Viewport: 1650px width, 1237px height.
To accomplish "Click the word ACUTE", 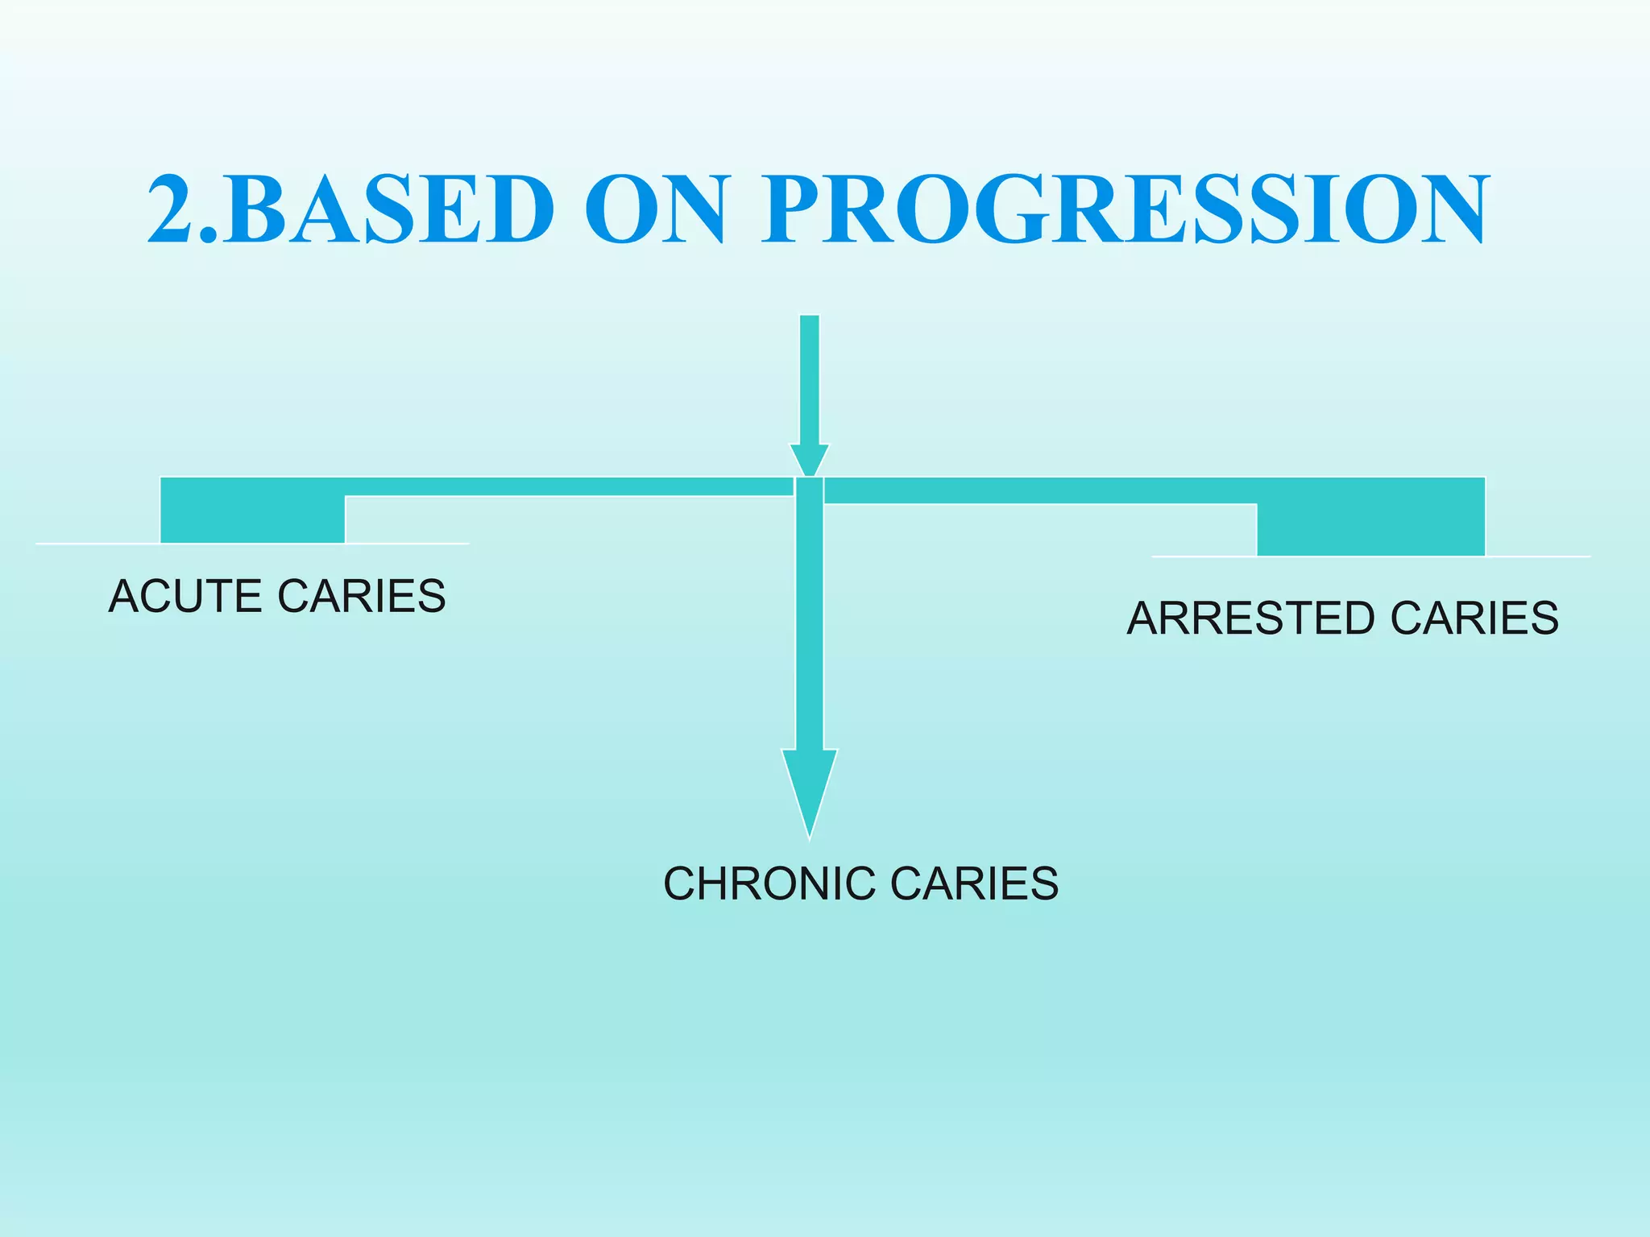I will point(187,597).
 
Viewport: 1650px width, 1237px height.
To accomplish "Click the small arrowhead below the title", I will point(809,461).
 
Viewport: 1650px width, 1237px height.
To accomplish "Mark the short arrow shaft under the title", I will point(809,379).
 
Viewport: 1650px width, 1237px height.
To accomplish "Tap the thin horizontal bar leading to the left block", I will point(564,486).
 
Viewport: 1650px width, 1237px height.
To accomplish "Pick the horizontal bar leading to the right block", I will point(1039,490).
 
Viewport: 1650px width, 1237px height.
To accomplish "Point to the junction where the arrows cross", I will point(809,488).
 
